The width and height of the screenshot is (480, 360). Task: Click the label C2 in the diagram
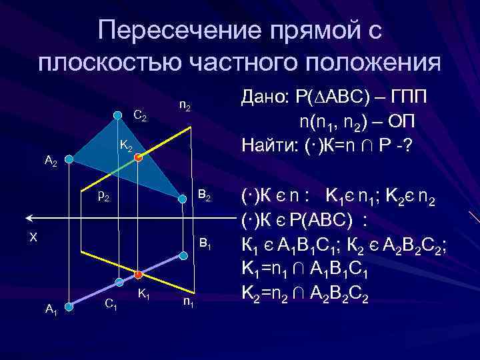[x=140, y=117]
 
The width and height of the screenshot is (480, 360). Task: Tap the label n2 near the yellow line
[x=185, y=106]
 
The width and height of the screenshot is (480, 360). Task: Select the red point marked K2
[x=138, y=157]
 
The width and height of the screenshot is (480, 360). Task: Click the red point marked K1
[x=137, y=275]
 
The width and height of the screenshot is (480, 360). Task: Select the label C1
[x=112, y=305]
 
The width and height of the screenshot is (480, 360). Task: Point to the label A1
[x=51, y=309]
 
